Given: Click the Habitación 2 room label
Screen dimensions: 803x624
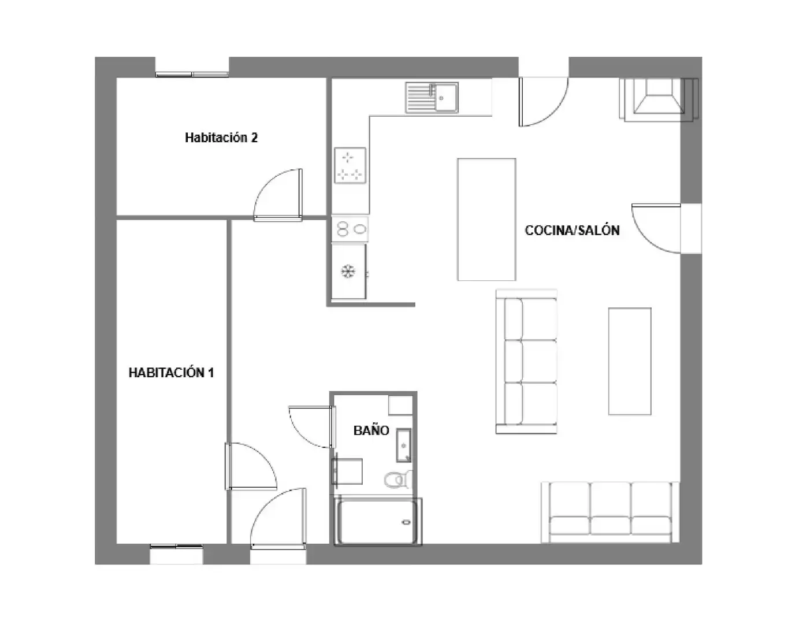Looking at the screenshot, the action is click(221, 138).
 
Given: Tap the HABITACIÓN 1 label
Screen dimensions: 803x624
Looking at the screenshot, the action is click(171, 372).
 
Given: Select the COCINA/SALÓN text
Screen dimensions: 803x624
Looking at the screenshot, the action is click(572, 230).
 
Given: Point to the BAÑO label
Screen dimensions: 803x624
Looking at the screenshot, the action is click(371, 430).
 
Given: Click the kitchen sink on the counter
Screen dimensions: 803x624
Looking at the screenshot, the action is click(432, 98).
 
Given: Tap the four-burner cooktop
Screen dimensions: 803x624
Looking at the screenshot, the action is click(350, 165).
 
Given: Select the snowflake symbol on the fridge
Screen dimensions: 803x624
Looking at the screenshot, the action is click(348, 272).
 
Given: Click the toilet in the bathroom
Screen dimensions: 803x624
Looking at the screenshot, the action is click(398, 480).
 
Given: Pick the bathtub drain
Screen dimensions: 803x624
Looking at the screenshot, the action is click(406, 522).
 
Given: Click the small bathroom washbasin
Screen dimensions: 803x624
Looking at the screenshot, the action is click(404, 445).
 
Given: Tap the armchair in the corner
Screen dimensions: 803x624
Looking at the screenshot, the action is click(659, 99).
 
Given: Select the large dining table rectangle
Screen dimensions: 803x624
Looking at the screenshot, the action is click(486, 220).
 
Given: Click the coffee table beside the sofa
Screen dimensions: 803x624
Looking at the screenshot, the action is click(630, 361).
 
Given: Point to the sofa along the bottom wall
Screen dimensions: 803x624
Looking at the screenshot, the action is click(610, 512).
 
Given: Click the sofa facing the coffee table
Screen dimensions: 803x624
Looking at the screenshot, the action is click(526, 361).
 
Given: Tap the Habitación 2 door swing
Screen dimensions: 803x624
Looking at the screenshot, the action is click(278, 195).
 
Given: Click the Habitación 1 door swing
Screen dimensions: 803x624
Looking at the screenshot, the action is click(251, 466).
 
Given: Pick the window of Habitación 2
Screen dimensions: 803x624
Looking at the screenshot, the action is click(192, 75).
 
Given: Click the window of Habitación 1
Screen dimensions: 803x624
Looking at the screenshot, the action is click(176, 546).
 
